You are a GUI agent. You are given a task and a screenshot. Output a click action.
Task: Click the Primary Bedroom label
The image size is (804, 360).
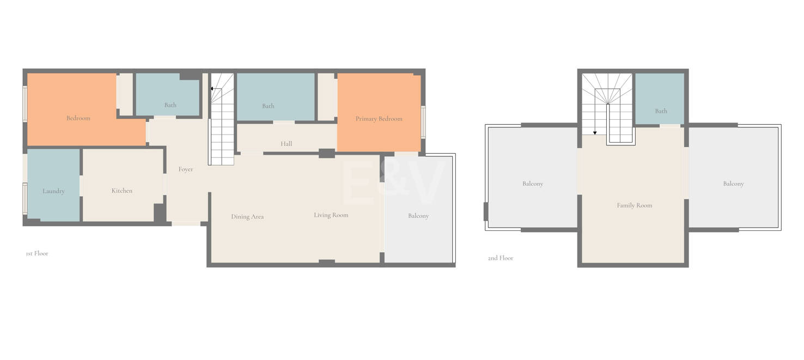coord(379,119)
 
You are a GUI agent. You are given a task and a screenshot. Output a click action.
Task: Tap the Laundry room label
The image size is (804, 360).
coord(53,191)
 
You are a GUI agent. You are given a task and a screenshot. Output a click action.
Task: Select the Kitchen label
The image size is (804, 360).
coord(121,191)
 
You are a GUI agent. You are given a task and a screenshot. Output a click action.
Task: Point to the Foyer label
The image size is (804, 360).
coord(186,169)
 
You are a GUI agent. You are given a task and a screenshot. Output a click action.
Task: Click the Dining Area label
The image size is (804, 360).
coord(247,217)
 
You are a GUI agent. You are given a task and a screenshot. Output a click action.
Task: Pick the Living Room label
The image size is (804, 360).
coord(331,215)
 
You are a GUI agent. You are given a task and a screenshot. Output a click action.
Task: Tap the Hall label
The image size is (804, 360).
coord(286,144)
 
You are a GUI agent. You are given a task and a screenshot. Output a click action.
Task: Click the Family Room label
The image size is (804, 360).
coord(634,206)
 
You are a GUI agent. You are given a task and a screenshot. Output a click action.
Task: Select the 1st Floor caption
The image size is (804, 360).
coord(37,253)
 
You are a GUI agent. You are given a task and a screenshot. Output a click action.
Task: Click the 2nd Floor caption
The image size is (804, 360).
coord(501,258)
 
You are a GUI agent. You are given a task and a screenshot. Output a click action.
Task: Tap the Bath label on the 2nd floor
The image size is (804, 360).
coord(661,111)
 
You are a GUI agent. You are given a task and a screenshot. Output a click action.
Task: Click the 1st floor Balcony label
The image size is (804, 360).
coord(418,216)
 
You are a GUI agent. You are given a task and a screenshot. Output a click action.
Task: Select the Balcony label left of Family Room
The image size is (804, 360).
coord(533,184)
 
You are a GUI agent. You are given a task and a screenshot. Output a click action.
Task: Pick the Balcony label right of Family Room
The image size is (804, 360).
coord(733,184)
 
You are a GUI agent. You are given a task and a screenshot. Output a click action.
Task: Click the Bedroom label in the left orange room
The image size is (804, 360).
coord(78,118)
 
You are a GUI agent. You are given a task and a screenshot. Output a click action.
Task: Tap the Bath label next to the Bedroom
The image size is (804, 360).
coord(170,105)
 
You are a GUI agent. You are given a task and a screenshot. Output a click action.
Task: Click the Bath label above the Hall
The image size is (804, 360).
coord(268,106)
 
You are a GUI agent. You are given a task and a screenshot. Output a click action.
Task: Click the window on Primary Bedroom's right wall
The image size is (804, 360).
coord(423,122)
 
